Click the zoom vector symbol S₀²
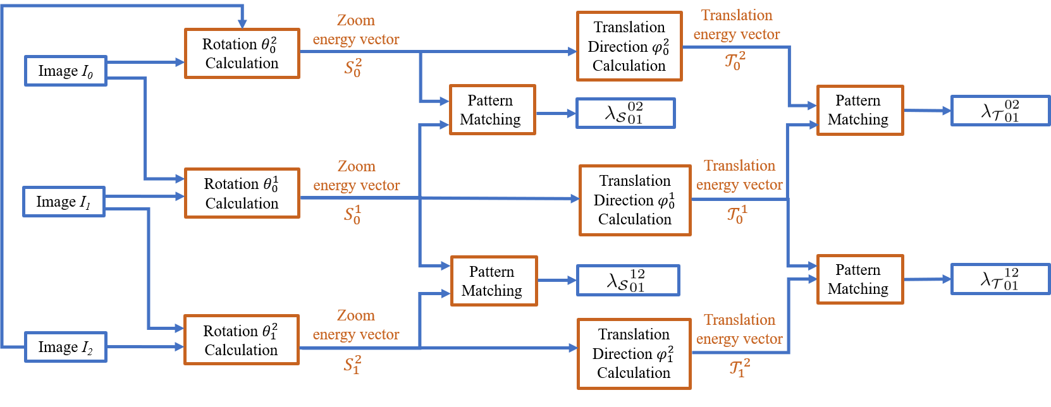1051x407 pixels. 353,68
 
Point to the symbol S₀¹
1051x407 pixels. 352,215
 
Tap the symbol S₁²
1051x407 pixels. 352,365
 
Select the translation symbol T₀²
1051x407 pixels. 735,61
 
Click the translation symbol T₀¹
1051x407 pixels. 737,214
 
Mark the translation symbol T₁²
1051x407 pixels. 739,368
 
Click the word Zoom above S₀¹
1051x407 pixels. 356,166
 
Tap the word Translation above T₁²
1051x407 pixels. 739,320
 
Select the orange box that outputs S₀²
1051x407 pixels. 242,53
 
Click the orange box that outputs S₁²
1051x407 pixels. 241,339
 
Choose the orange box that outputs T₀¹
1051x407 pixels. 635,200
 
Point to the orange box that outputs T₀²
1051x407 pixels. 629,46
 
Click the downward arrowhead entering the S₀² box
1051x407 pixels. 242,25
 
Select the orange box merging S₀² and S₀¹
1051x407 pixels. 492,110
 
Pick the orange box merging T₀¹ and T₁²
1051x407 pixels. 860,279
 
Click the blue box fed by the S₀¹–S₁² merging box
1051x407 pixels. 628,281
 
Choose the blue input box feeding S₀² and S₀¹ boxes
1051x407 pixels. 65,71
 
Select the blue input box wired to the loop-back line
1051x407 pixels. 65,347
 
